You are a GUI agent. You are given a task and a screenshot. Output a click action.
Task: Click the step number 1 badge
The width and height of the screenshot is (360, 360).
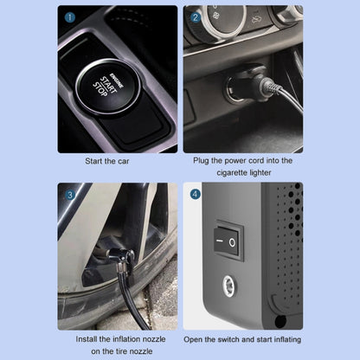tap(69, 16)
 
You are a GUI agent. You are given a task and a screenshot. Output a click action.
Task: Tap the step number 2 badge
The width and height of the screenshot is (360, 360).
tap(195, 16)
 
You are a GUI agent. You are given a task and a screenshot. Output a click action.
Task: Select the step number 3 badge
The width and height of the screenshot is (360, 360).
tap(69, 194)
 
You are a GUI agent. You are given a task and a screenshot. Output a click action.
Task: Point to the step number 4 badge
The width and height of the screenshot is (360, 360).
tap(195, 194)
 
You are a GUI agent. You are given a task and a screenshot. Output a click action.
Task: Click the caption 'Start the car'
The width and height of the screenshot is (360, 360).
tap(117, 161)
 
